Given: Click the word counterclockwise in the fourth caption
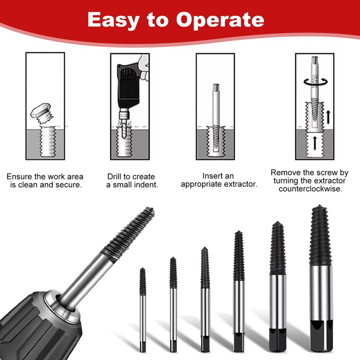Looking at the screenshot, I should click(x=310, y=189).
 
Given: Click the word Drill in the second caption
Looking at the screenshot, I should click(x=116, y=176).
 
